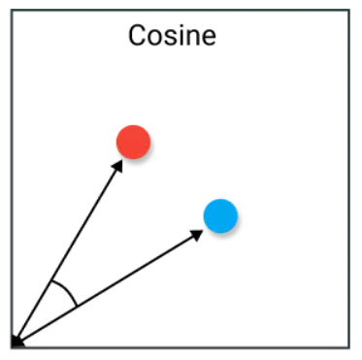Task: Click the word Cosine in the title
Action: coord(172,37)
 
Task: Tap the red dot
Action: coord(133,142)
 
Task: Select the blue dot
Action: coord(220,214)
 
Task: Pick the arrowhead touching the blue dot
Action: coord(196,233)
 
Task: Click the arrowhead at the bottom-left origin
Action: coord(16,341)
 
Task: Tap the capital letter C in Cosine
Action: coord(138,37)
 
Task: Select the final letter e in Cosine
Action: coord(208,39)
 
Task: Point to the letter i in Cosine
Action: coord(181,37)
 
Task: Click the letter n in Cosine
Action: coord(192,39)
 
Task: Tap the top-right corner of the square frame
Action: coord(348,11)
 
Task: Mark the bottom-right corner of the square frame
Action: coord(348,347)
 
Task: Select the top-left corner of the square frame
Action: coord(11,11)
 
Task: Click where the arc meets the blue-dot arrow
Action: coord(78,305)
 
